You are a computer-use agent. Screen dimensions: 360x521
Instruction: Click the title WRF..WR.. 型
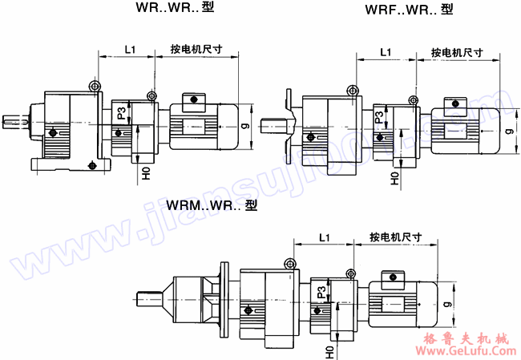410,10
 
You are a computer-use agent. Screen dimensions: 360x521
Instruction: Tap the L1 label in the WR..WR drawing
131,50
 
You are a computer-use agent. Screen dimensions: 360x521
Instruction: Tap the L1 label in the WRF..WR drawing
384,53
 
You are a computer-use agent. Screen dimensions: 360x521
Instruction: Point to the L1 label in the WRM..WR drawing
323,237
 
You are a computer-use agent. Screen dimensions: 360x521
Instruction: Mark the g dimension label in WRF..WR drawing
507,130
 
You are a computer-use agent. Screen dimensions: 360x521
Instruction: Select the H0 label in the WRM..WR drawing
329,351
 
